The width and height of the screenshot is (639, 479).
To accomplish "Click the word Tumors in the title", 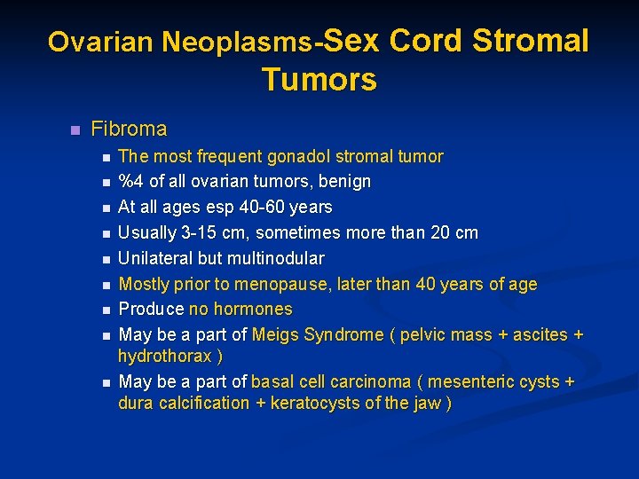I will click(x=319, y=80).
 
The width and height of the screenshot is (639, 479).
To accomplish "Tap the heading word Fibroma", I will click(x=129, y=129).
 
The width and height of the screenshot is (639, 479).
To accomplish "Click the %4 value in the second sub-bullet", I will click(x=130, y=182).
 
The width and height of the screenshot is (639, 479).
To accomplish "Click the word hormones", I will click(x=257, y=310).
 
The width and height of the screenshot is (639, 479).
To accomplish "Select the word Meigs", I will click(x=276, y=335).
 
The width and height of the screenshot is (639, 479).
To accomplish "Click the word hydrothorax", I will click(x=164, y=356).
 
